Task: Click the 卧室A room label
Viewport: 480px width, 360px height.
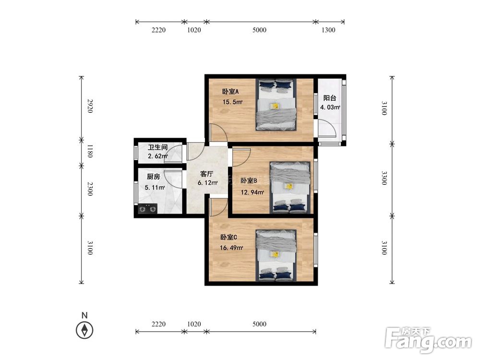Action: click(230, 92)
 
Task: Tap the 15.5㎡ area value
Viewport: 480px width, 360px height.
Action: click(232, 102)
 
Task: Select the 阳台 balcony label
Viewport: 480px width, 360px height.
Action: click(330, 98)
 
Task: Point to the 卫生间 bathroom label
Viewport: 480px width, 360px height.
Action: click(157, 147)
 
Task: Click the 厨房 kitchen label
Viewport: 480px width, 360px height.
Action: click(154, 177)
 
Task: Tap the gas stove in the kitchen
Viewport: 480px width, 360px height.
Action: click(147, 209)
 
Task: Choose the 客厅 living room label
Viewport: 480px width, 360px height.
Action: click(206, 174)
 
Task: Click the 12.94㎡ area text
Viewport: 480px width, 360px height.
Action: click(252, 192)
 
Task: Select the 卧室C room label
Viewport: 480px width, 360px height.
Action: click(228, 237)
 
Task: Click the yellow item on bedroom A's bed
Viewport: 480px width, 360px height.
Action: click(275, 106)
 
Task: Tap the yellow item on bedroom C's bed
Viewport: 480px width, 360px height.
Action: click(275, 254)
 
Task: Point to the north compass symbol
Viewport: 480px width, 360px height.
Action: click(84, 330)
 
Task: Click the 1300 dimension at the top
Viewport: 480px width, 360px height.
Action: click(328, 30)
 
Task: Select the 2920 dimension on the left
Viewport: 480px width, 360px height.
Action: click(90, 106)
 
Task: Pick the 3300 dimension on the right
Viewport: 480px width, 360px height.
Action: click(384, 178)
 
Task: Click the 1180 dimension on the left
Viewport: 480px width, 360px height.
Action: click(90, 151)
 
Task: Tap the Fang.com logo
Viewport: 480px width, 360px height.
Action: click(428, 340)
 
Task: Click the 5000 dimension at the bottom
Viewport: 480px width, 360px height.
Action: click(259, 324)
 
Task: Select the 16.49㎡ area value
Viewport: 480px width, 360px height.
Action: click(231, 248)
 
